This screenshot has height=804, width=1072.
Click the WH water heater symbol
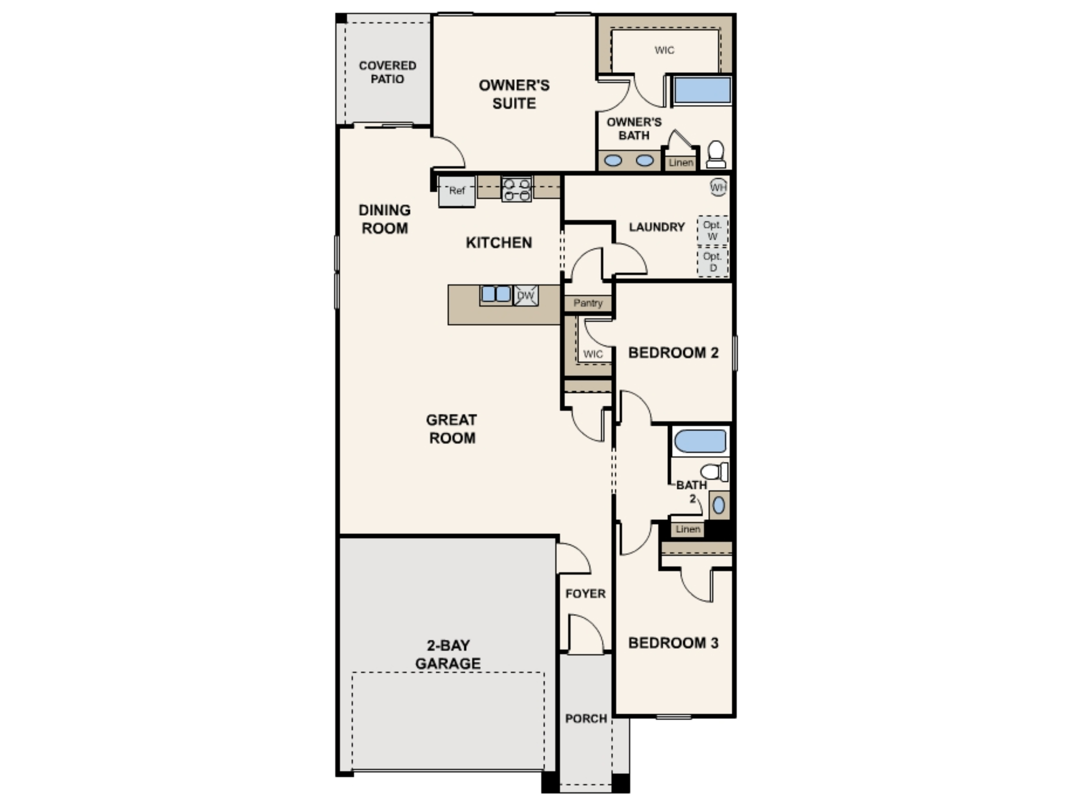point(718,187)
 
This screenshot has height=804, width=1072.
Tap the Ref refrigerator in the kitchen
point(456,191)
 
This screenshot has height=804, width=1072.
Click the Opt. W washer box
point(712,231)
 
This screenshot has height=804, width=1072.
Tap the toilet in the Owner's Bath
point(716,154)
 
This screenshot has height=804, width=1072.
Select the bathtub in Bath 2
point(700,441)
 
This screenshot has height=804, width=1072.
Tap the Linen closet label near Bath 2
point(688,529)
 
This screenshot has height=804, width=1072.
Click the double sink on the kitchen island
point(496,294)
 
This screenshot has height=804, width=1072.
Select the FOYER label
point(585,594)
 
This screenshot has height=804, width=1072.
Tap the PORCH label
point(586,718)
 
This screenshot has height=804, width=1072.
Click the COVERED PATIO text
point(387,72)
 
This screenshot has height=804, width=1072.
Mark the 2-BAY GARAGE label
point(448,654)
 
